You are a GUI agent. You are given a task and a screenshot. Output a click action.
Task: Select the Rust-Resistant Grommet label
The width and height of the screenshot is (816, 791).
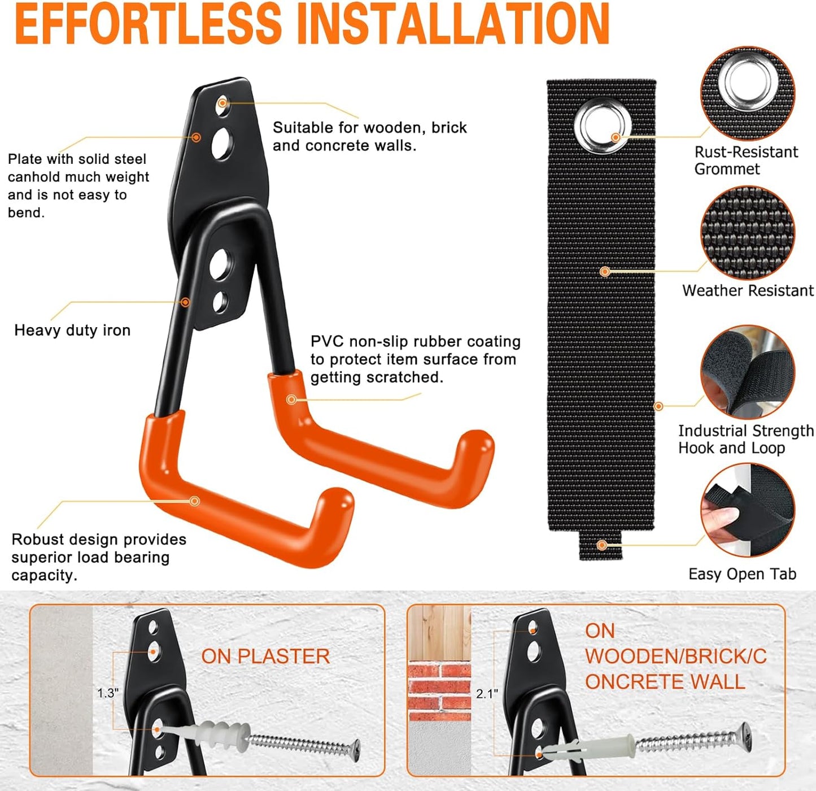point(745,160)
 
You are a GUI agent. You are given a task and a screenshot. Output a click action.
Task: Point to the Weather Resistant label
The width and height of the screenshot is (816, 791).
point(748,290)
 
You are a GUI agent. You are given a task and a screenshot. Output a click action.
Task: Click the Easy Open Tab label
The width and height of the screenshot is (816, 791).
point(742,574)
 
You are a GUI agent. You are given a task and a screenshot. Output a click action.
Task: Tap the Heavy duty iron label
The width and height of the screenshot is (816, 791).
point(72,331)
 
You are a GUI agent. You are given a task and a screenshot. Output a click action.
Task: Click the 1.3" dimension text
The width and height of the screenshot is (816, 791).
point(107,693)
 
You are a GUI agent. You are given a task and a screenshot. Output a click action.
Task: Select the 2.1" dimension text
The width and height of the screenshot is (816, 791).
point(487,693)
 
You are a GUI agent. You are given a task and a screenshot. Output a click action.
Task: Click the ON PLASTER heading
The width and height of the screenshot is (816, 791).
point(265,657)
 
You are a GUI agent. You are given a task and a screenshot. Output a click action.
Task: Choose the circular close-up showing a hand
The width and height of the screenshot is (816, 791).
point(747,511)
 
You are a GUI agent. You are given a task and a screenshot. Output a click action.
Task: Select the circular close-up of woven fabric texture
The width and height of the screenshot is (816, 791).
point(747,233)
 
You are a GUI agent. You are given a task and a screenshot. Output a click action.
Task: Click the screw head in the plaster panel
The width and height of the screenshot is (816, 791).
point(354,750)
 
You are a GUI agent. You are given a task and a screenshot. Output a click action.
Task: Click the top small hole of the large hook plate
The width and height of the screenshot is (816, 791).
point(223,103)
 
